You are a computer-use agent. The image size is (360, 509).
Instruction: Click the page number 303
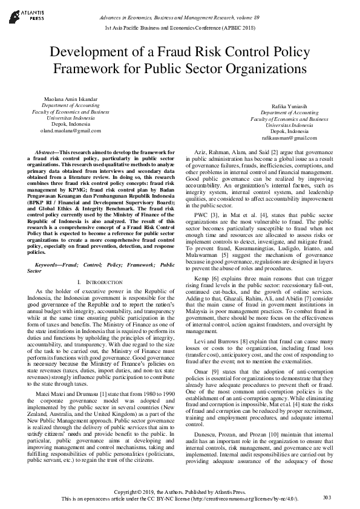click(327, 497)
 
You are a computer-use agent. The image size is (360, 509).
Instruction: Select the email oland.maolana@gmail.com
click(70, 131)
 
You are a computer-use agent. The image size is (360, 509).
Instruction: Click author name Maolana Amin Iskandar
click(70, 98)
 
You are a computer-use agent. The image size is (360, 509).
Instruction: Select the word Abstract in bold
click(48, 152)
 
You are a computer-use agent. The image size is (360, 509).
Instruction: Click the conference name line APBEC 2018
click(180, 28)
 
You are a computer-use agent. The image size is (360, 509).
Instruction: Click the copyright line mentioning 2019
click(180, 491)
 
